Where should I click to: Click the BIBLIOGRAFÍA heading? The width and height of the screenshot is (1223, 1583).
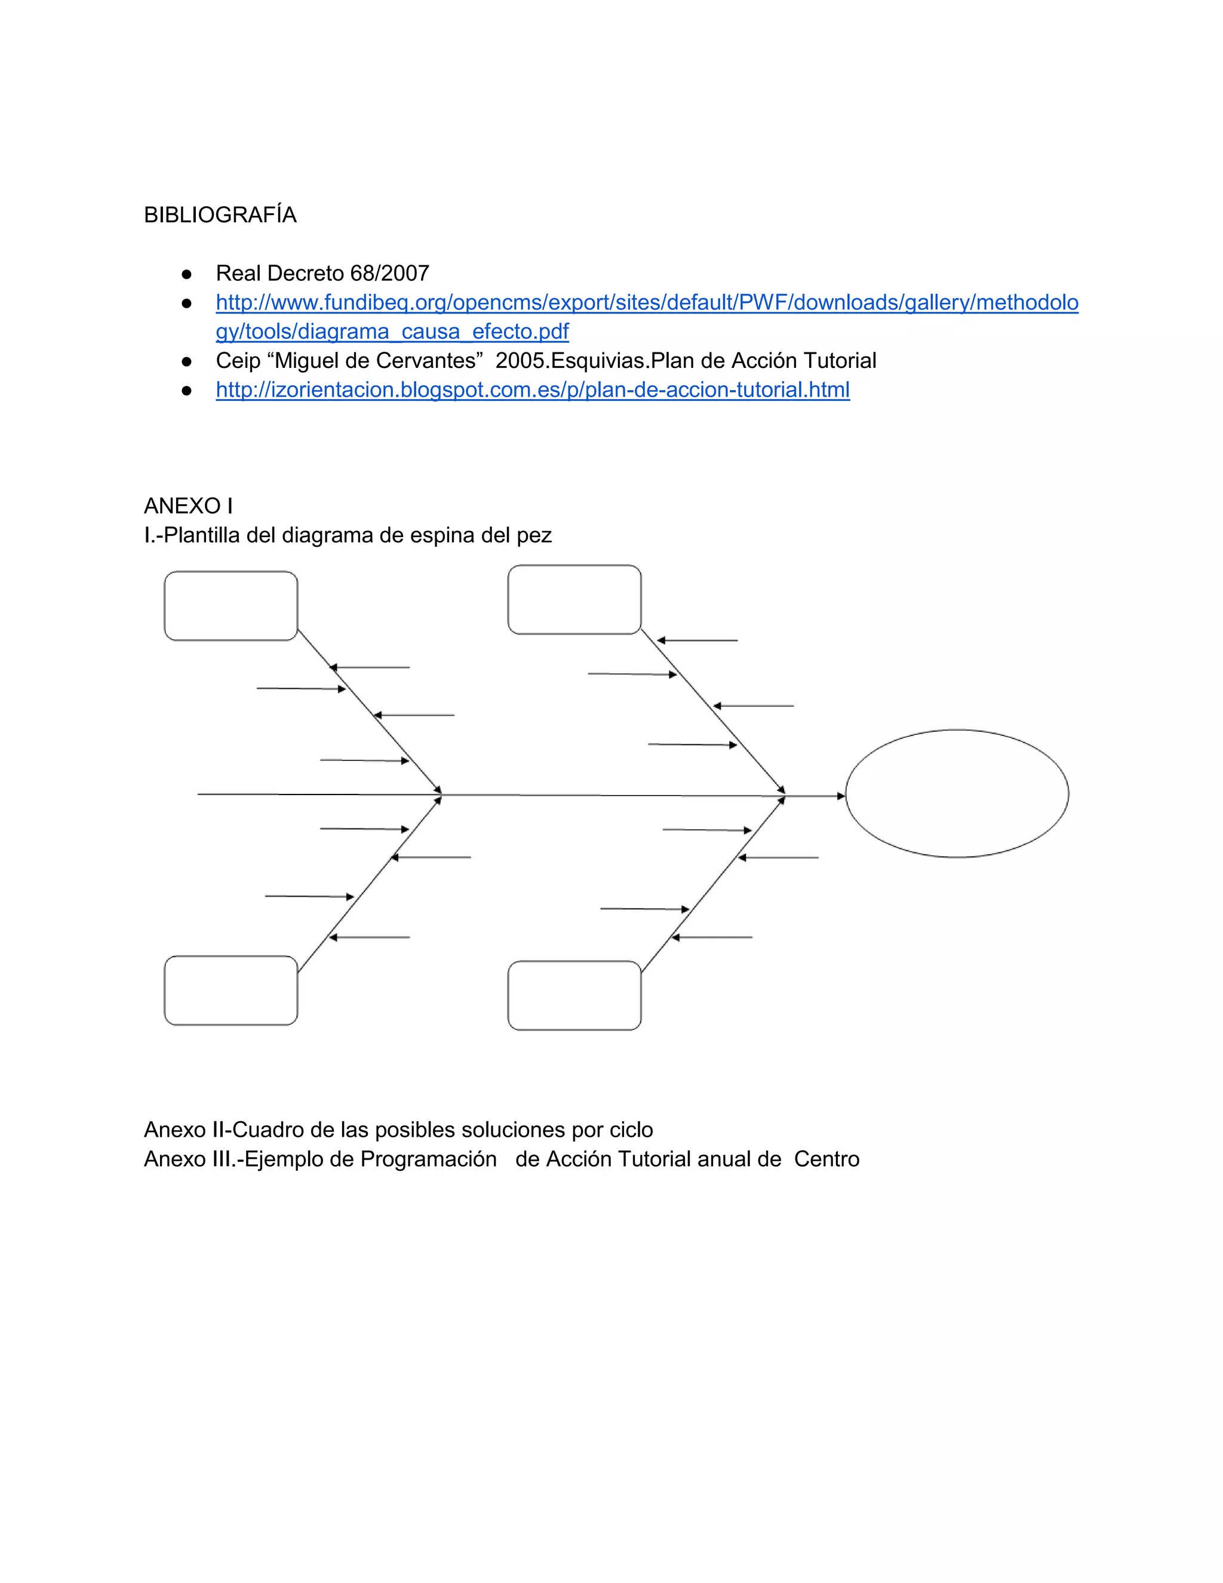pos(220,215)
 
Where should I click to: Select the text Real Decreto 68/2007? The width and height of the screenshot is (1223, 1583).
pos(322,273)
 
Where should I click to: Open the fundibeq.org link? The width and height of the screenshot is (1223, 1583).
pos(646,303)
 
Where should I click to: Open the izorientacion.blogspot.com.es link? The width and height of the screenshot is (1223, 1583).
pos(533,390)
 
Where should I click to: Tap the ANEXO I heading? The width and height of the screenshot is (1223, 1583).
pos(188,506)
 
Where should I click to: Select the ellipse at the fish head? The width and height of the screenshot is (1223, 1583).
pos(957,794)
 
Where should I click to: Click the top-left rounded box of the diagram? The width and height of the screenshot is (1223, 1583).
pos(231,606)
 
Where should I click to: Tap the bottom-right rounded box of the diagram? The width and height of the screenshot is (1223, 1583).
pos(574,995)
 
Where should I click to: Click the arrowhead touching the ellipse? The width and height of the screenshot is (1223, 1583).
pos(841,796)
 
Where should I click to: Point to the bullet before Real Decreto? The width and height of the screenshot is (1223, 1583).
pos(187,274)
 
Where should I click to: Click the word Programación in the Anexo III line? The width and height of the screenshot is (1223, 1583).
pos(428,1159)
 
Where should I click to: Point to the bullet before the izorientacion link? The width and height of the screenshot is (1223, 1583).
pos(187,391)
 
